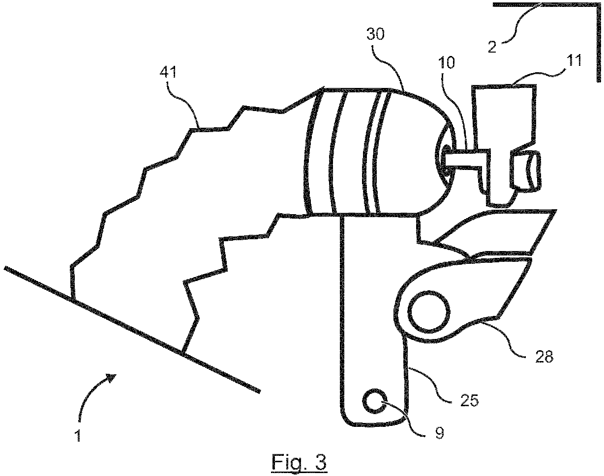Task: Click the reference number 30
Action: [375, 35]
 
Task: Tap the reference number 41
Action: [168, 72]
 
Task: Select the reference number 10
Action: [446, 63]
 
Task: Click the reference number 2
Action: [492, 47]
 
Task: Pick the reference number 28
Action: [544, 357]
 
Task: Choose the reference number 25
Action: [469, 400]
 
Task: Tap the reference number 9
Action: [440, 433]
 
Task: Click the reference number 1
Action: [78, 436]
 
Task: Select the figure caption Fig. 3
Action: [299, 463]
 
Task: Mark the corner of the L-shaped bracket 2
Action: [599, 4]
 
